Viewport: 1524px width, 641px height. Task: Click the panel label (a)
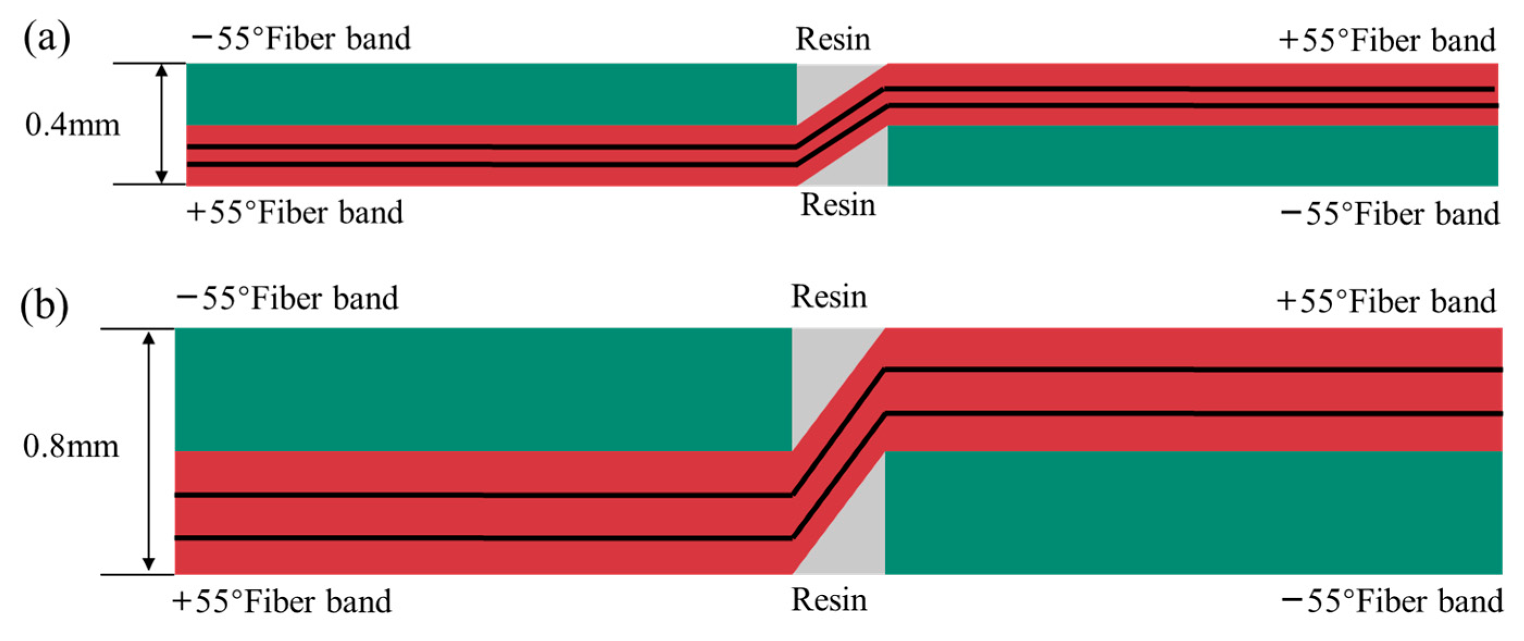[46, 39]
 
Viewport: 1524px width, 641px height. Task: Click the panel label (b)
[45, 305]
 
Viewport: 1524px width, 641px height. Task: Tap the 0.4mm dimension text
[72, 125]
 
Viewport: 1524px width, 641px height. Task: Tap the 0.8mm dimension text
[71, 446]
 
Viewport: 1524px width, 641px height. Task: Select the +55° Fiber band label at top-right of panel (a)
[1386, 40]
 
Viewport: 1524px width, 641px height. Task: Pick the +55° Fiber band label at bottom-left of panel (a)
[295, 212]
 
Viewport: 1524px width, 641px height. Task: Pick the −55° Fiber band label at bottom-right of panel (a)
[1389, 214]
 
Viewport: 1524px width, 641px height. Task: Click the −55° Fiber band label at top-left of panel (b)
[288, 298]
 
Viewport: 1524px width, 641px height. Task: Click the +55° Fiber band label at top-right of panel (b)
[1385, 301]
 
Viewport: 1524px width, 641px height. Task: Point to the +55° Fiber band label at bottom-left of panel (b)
[282, 601]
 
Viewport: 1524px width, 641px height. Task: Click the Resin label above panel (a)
[833, 39]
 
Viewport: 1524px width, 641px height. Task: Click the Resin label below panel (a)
[838, 206]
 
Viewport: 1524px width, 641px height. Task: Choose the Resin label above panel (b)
[829, 296]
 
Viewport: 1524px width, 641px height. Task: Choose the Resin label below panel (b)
[829, 600]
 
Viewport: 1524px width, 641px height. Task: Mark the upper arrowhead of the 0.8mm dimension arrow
[149, 338]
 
